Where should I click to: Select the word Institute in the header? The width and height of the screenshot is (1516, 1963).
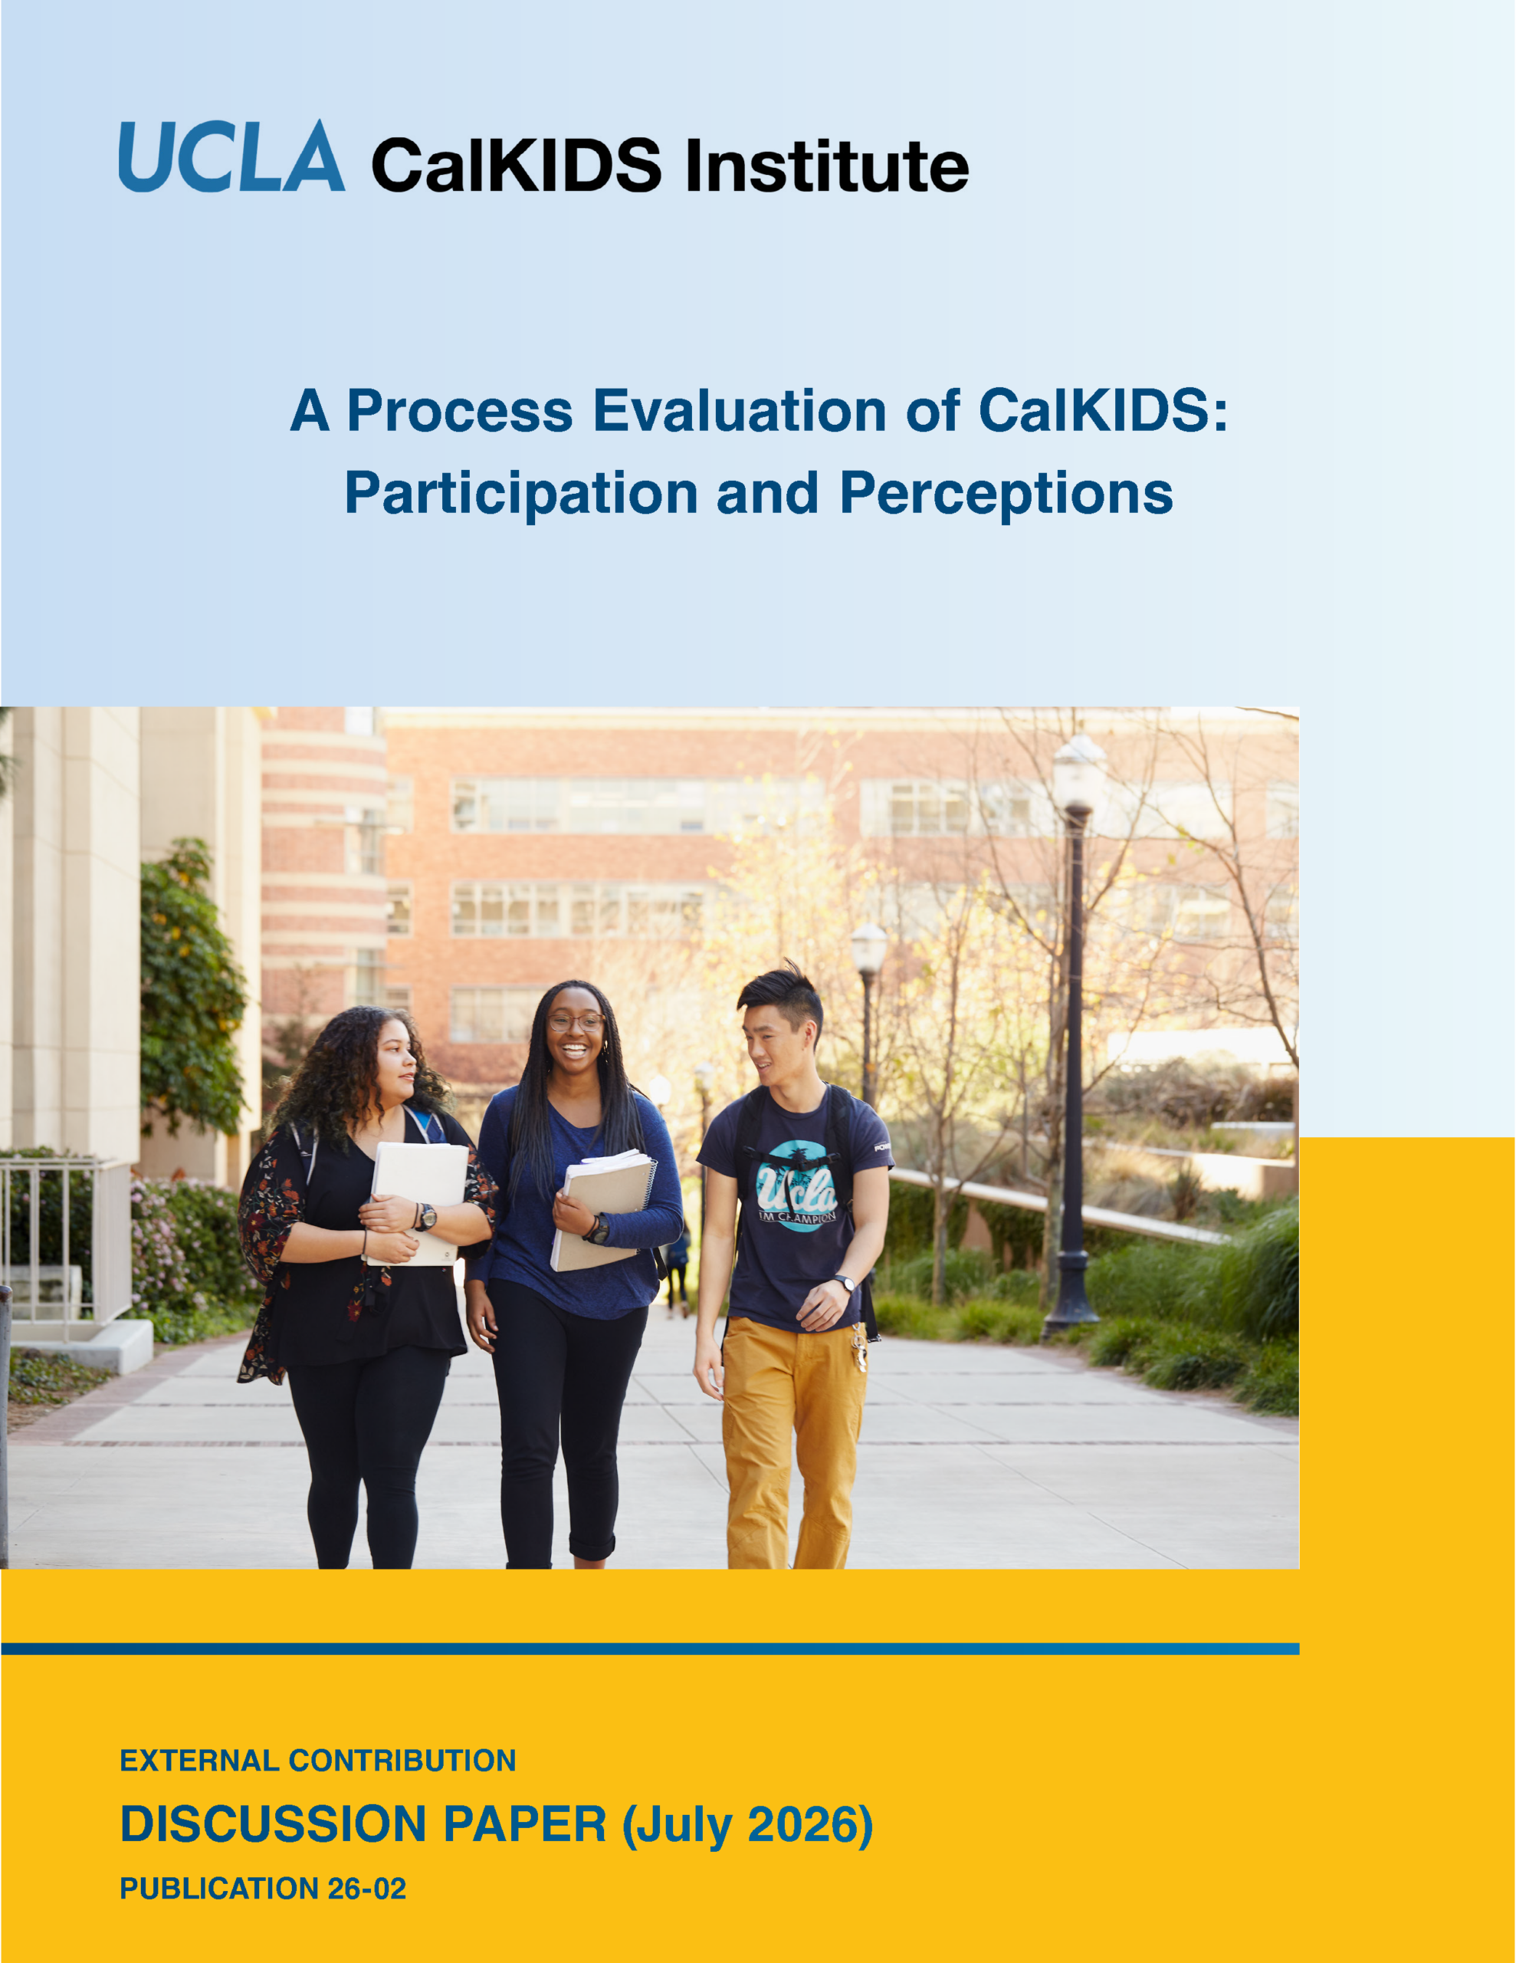pos(827,166)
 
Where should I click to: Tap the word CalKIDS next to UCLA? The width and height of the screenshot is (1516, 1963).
pos(517,166)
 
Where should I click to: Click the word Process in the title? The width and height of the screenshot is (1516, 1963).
pos(459,411)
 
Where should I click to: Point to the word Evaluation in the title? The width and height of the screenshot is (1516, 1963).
pos(740,411)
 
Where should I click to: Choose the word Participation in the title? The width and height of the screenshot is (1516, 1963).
pos(521,494)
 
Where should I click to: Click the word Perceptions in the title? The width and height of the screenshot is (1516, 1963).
pos(1006,494)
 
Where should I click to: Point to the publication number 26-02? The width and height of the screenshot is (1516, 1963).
pos(366,1889)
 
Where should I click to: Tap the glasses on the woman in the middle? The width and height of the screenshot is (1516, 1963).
pos(576,1022)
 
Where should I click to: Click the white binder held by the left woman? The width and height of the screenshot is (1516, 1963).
pos(418,1202)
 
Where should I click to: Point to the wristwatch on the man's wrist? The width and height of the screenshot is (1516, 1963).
pos(843,1283)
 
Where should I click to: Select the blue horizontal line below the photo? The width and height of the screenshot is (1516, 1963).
pos(650,1649)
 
